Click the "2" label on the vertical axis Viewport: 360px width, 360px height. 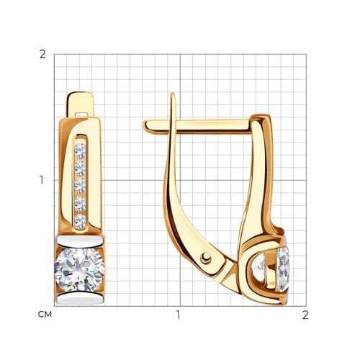[x=42, y=55]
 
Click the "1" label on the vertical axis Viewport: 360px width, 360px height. [x=42, y=180]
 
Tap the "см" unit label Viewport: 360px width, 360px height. [x=45, y=315]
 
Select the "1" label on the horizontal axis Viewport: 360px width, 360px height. [x=178, y=315]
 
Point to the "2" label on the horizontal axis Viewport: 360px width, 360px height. [x=305, y=315]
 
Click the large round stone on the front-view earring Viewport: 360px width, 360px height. [x=80, y=270]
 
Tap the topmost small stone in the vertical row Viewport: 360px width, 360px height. [x=80, y=151]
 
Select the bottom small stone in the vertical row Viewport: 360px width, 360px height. [x=80, y=222]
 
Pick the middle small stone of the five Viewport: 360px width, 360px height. [x=80, y=186]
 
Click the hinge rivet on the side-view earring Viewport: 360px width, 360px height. [x=206, y=258]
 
